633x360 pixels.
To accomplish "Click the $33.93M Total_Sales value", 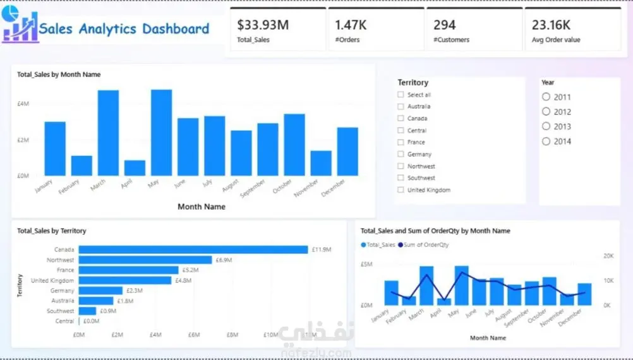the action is pyautogui.click(x=263, y=25).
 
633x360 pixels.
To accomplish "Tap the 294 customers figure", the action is pyautogui.click(x=445, y=25).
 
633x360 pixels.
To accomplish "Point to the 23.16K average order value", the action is pyautogui.click(x=551, y=25).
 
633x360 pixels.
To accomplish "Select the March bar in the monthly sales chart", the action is pyautogui.click(x=108, y=133).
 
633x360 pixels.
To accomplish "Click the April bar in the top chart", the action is pyautogui.click(x=135, y=168).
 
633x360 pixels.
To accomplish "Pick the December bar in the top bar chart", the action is pyautogui.click(x=347, y=152).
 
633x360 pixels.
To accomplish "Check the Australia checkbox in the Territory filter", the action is pyautogui.click(x=401, y=107).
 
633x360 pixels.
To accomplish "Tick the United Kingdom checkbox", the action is pyautogui.click(x=401, y=189).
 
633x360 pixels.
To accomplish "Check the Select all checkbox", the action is pyautogui.click(x=401, y=95).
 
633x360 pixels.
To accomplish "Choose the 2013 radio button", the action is pyautogui.click(x=546, y=126).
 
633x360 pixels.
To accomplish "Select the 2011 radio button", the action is pyautogui.click(x=546, y=97).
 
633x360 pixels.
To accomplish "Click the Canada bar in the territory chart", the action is pyautogui.click(x=193, y=250).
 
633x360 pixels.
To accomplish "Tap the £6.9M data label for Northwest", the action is pyautogui.click(x=224, y=260).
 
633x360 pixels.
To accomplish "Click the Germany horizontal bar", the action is pyautogui.click(x=100, y=291).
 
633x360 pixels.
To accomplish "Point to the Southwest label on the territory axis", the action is pyautogui.click(x=60, y=311).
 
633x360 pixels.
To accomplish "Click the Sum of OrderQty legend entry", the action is pyautogui.click(x=423, y=244).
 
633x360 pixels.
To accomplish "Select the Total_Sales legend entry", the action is pyautogui.click(x=378, y=244).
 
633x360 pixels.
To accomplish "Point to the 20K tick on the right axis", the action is pyautogui.click(x=608, y=256).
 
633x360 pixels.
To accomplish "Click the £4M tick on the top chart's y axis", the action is pyautogui.click(x=23, y=104).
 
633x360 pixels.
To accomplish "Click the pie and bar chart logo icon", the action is pyautogui.click(x=20, y=24).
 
